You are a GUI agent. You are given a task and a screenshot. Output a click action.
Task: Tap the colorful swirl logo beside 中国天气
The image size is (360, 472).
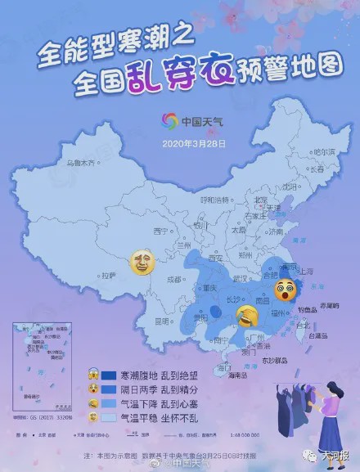pyautogui.click(x=169, y=122)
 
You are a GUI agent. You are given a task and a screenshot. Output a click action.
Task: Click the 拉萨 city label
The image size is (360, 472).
pyautogui.click(x=109, y=275)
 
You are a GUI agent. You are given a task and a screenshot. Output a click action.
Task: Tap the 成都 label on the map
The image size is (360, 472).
pyautogui.click(x=173, y=279)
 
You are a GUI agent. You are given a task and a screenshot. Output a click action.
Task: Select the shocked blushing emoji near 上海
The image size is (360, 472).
pyautogui.click(x=286, y=287)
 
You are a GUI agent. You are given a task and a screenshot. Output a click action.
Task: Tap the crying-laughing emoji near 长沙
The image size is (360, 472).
pyautogui.click(x=244, y=316)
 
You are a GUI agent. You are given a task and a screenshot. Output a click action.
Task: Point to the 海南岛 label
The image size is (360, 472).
pyautogui.click(x=238, y=375)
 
